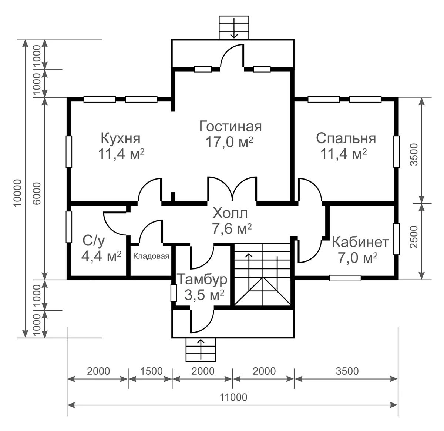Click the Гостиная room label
pyautogui.click(x=231, y=126)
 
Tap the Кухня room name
pyautogui.click(x=121, y=138)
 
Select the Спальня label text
pyautogui.click(x=346, y=138)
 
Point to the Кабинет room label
pyautogui.click(x=360, y=242)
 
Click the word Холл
pyautogui.click(x=230, y=213)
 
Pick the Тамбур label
pyautogui.click(x=202, y=279)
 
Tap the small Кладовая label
pyautogui.click(x=151, y=256)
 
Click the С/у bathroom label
pyautogui.click(x=94, y=241)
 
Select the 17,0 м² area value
pyautogui.click(x=229, y=142)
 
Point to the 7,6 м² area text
pyautogui.click(x=232, y=229)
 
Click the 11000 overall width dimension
pyautogui.click(x=233, y=397)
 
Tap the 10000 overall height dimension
pyautogui.click(x=18, y=193)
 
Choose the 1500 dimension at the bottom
pyautogui.click(x=151, y=371)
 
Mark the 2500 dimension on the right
pyautogui.click(x=414, y=237)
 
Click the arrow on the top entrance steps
pyautogui.click(x=234, y=29)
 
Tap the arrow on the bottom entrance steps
pyautogui.click(x=201, y=350)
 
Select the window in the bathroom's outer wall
pyautogui.click(x=69, y=227)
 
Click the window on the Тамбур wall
pyautogui.click(x=174, y=293)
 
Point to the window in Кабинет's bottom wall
pyautogui.click(x=345, y=278)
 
